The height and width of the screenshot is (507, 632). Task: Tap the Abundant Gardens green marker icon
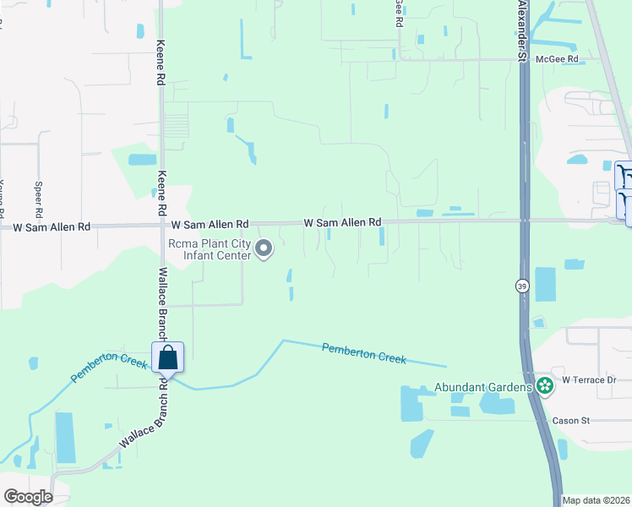click(545, 387)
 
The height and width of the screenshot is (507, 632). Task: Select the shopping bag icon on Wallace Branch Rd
click(168, 357)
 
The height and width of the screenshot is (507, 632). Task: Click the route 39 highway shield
click(523, 286)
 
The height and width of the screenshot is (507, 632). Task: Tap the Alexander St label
click(523, 34)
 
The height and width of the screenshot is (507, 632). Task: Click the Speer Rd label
click(38, 197)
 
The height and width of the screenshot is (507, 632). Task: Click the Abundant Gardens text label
click(483, 388)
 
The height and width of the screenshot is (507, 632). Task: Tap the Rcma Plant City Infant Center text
click(210, 249)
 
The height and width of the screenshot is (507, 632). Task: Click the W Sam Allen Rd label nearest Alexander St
click(342, 222)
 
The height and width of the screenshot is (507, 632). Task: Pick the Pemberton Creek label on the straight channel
click(364, 352)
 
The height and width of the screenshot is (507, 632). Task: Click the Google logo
click(28, 497)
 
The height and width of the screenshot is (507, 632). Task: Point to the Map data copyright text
click(596, 500)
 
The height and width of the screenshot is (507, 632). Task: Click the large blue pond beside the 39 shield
click(546, 285)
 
